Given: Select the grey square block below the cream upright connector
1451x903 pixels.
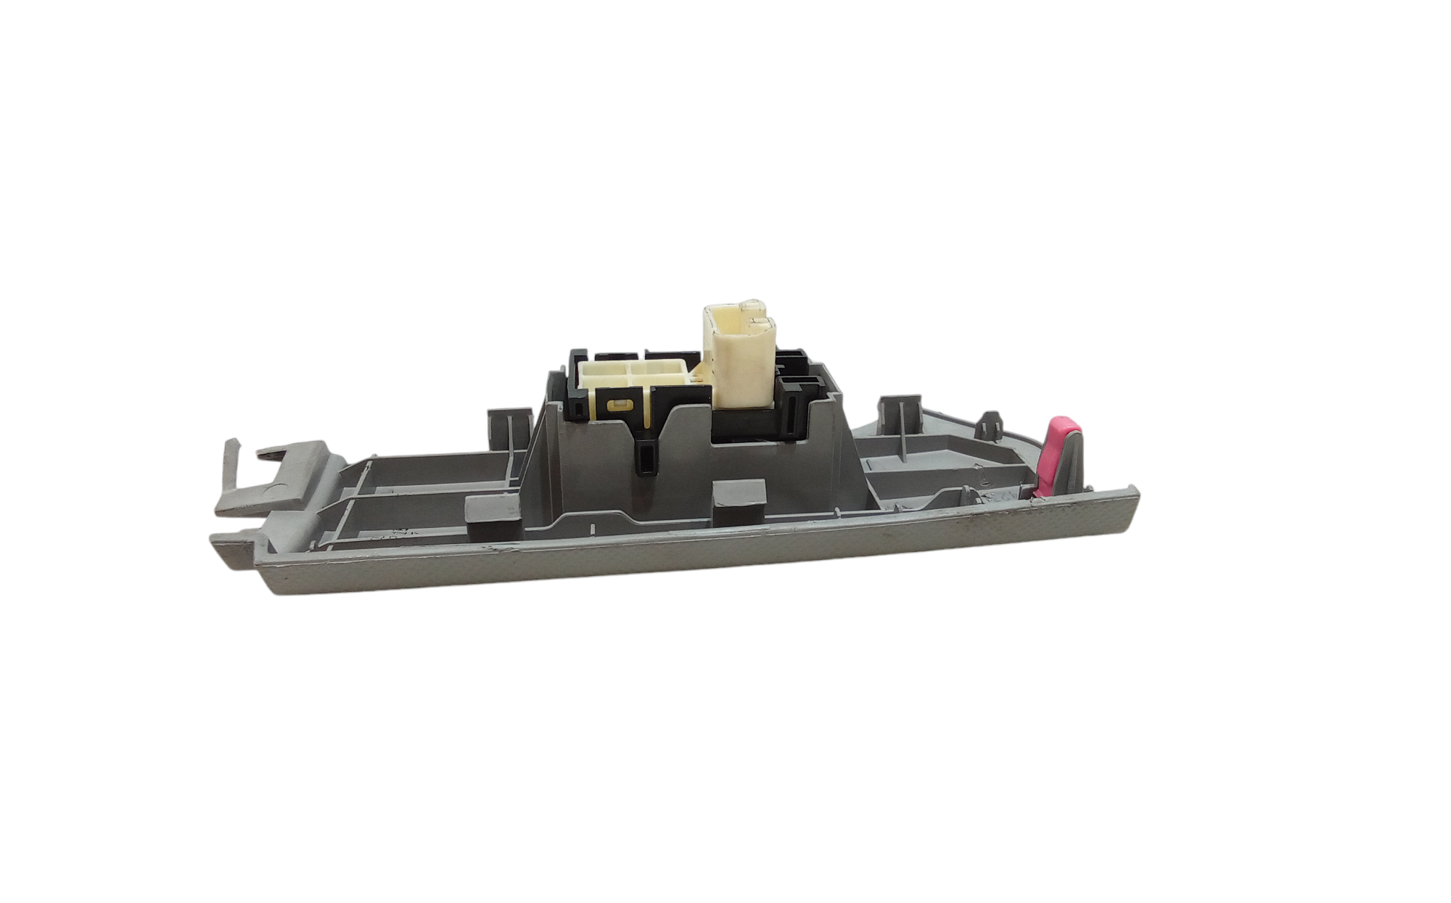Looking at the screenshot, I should (740, 501).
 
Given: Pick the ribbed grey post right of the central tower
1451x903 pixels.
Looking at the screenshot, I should (898, 419).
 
